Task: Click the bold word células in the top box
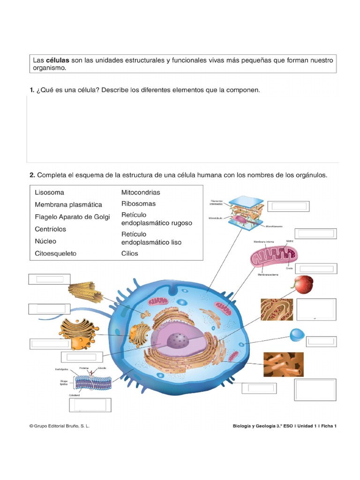pos(57,60)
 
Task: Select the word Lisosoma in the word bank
pos(49,192)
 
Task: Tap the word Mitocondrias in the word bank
pos(141,192)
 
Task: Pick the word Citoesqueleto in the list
pos(55,253)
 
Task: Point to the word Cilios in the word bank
pos(130,253)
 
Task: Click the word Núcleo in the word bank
pos(45,241)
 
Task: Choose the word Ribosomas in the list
pos(138,204)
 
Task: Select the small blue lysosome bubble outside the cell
pos(297,335)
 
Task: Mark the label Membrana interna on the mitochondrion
pos(262,242)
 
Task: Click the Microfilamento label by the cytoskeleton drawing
pos(274,226)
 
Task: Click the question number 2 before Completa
pos(32,175)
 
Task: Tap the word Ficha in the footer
pos(327,426)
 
